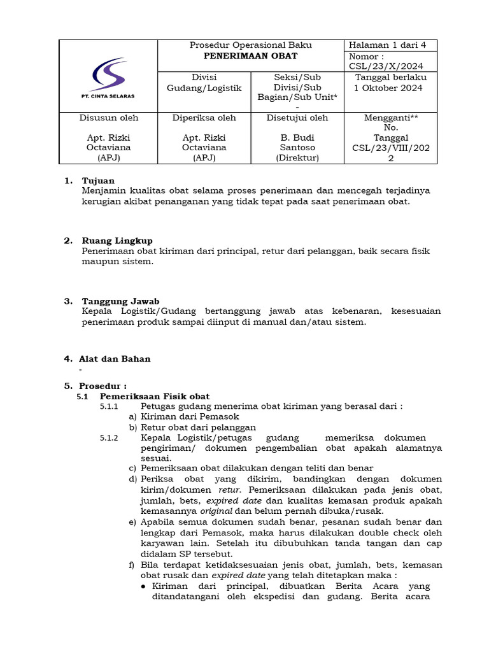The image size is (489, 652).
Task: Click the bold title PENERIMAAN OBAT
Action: tap(251, 56)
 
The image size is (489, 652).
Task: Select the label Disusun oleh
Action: tap(108, 118)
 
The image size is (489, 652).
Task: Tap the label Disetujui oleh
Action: tap(297, 118)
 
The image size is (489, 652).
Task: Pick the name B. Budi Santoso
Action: tap(297, 142)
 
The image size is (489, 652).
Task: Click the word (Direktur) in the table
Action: tap(297, 157)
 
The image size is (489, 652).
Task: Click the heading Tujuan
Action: tap(98, 181)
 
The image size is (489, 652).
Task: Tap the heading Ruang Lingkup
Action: tap(117, 241)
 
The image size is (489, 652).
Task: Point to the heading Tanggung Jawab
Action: tap(120, 301)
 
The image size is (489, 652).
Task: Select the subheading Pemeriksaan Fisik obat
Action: tap(155, 396)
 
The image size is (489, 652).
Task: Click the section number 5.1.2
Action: tap(109, 438)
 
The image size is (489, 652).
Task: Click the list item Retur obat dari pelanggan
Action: tap(198, 427)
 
